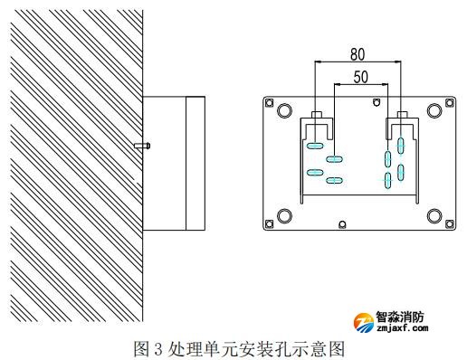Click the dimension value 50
(360, 78)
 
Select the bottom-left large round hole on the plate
(284, 215)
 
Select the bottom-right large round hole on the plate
(436, 215)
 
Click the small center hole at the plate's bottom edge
(340, 225)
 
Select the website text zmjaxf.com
(397, 330)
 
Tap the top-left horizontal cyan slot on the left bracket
(314, 145)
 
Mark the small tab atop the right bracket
(398, 116)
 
